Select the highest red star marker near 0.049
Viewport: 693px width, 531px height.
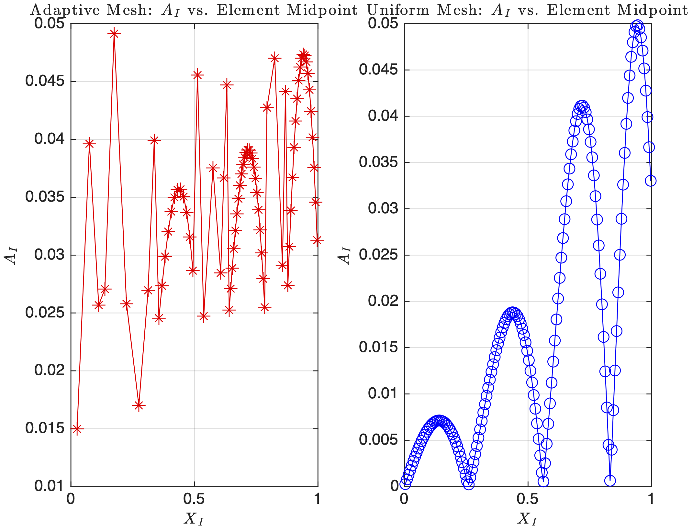point(114,33)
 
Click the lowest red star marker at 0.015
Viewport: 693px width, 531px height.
point(77,429)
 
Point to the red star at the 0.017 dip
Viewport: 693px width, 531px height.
point(139,405)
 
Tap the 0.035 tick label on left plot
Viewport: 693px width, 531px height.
point(45,197)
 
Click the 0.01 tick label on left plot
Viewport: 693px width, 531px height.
point(50,486)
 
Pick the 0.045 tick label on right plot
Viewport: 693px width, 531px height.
point(378,70)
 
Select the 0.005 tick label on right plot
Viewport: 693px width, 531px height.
point(378,440)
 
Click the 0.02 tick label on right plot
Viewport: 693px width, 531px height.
point(383,301)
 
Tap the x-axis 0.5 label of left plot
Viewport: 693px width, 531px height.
point(194,499)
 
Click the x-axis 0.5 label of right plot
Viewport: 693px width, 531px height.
point(527,499)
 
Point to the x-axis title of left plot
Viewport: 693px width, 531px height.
point(194,519)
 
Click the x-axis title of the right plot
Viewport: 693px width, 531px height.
point(527,519)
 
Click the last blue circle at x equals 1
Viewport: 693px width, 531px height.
point(651,181)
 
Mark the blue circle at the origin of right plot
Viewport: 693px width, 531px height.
point(405,484)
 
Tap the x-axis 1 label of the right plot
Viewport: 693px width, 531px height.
point(651,499)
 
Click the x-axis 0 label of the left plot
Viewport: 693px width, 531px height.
point(71,499)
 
